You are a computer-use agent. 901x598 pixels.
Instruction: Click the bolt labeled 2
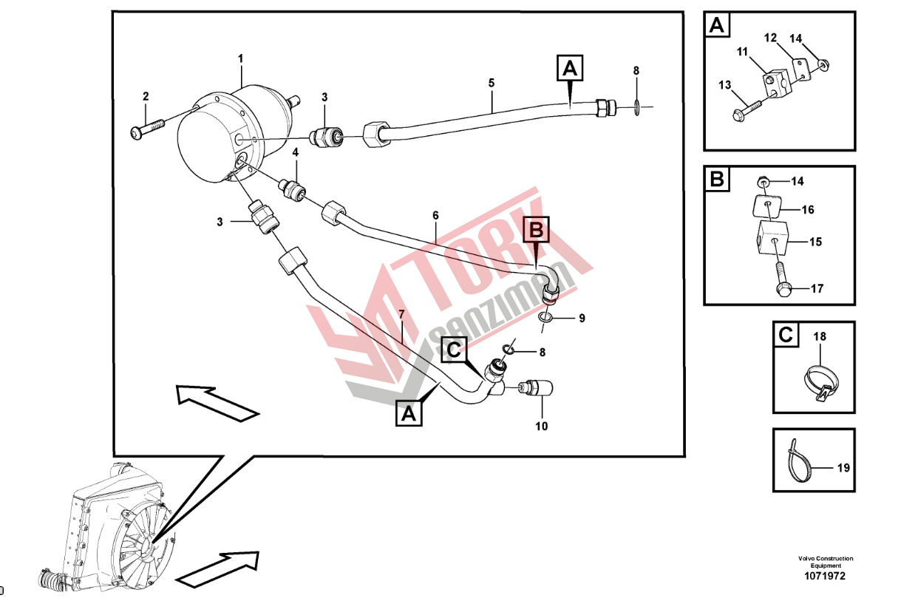coord(147,129)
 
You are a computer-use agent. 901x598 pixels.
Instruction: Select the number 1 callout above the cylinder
coord(240,58)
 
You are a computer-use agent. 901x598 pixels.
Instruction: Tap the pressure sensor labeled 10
coord(535,388)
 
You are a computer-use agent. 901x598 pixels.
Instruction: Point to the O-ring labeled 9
coord(545,318)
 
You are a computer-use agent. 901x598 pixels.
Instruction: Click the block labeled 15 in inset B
coord(772,237)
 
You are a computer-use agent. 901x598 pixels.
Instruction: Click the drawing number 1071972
coord(825,576)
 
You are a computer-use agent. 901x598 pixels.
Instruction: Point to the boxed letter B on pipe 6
coord(536,230)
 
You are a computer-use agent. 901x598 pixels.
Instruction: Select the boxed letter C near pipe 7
coord(454,350)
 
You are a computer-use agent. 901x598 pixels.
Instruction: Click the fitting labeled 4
coord(292,189)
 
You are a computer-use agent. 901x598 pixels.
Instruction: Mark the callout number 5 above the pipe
coord(491,83)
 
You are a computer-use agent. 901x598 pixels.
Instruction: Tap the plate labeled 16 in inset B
coord(767,206)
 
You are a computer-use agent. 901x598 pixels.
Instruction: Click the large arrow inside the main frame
coord(218,403)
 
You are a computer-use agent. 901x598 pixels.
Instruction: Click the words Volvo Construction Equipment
coord(826,562)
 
